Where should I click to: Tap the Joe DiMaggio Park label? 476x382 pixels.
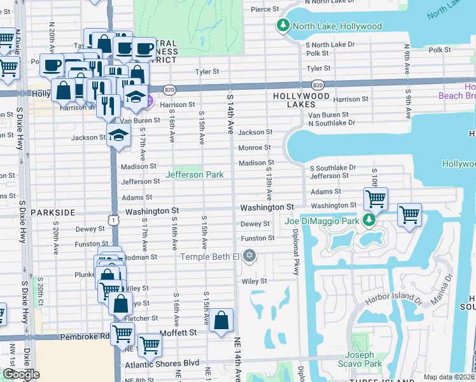[x=322, y=221]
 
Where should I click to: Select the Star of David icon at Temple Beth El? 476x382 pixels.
[x=249, y=256]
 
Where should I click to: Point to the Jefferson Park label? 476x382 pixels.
[x=193, y=174]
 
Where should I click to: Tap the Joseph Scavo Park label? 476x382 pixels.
[x=364, y=360]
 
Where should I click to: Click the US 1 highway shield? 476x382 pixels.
[x=113, y=220]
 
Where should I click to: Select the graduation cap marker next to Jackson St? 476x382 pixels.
[x=118, y=135]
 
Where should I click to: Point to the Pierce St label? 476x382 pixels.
[x=265, y=10]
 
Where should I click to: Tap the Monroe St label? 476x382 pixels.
[x=255, y=148]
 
